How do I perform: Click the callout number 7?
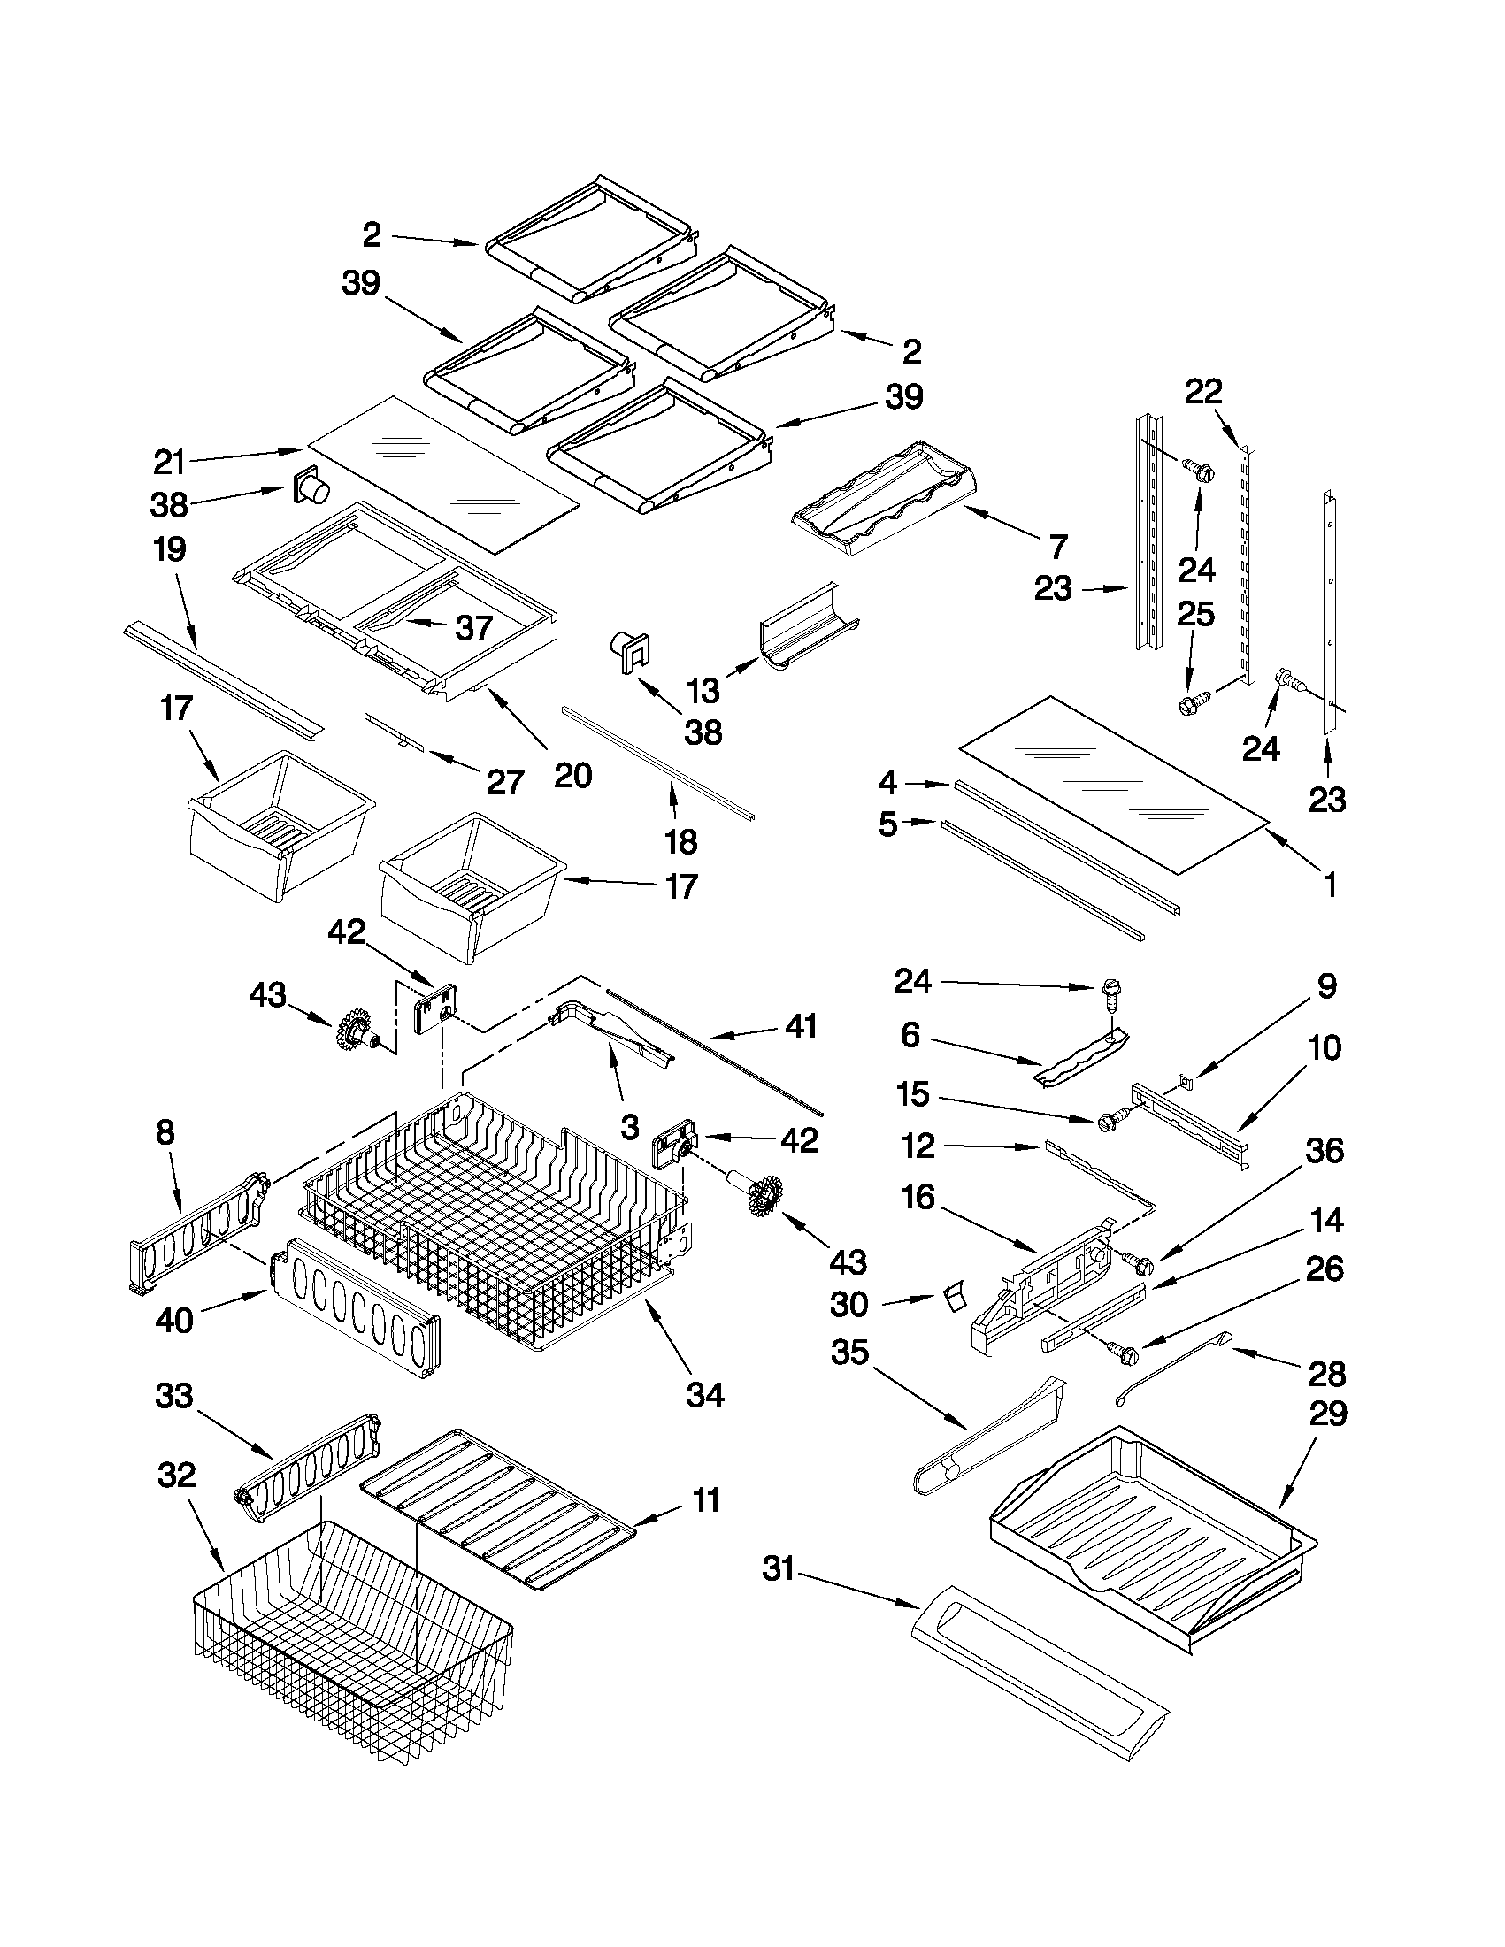point(1058,546)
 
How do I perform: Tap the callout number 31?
point(779,1568)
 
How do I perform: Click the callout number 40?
point(174,1320)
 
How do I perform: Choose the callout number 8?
point(165,1132)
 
